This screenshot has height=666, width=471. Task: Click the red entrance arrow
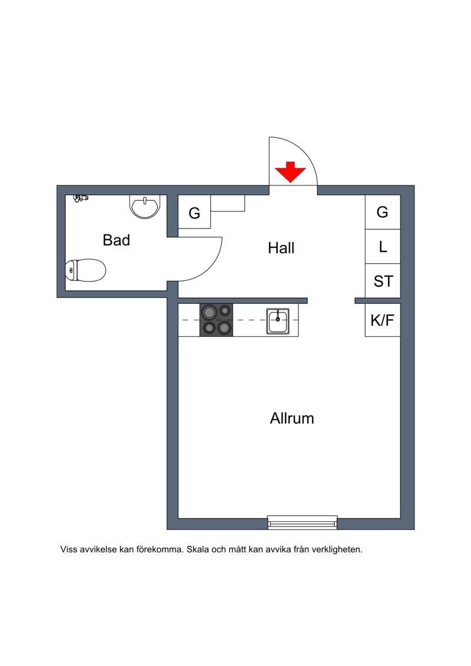point(290,172)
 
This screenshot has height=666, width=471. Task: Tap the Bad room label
point(117,240)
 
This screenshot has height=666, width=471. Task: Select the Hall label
point(281,248)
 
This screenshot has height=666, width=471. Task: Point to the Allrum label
point(292,418)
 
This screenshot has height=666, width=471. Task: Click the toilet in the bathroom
point(85,270)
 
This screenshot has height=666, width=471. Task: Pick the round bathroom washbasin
point(145,207)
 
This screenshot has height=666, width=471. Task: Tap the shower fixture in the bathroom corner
point(81,198)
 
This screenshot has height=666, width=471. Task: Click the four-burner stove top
point(217,320)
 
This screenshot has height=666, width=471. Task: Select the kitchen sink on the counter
point(278,321)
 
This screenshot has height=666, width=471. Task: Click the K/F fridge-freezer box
point(383,320)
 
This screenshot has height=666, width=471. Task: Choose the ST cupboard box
point(383,281)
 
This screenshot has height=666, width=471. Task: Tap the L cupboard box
point(383,246)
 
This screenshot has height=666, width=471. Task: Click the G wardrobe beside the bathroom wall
point(194,212)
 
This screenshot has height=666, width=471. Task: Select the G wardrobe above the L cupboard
point(383,212)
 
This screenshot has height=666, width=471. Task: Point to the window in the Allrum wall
point(303,522)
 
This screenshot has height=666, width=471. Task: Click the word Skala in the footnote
point(198,549)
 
